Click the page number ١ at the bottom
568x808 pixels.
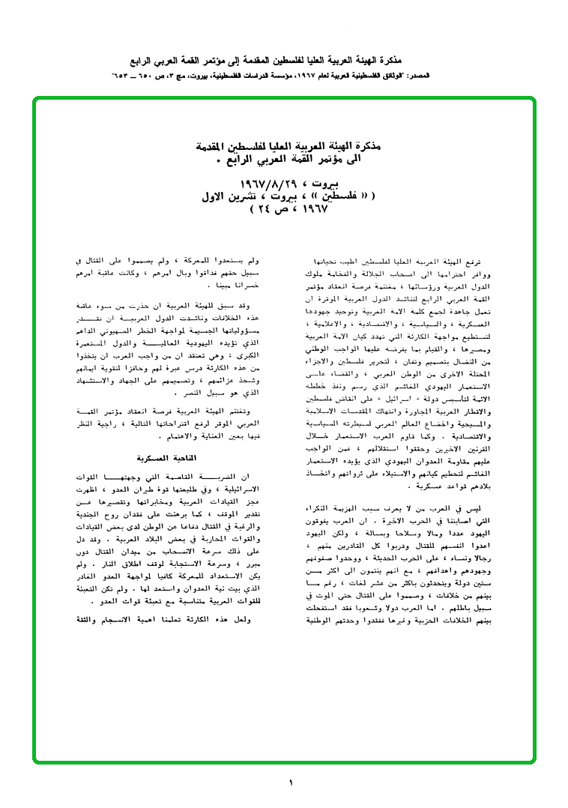(291, 783)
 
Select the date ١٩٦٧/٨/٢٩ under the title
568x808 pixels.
(267, 184)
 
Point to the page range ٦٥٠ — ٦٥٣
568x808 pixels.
(134, 76)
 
